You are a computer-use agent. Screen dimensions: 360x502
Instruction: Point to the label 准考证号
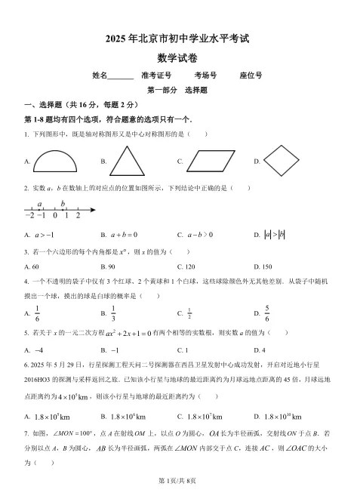point(156,75)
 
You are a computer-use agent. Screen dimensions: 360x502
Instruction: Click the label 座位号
point(251,75)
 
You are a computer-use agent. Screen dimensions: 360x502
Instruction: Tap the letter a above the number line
point(39,204)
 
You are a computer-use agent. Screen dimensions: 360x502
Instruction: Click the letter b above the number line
point(63,203)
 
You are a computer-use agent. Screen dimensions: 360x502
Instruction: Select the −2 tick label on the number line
point(29,216)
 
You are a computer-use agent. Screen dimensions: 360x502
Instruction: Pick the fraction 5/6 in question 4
point(268,313)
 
